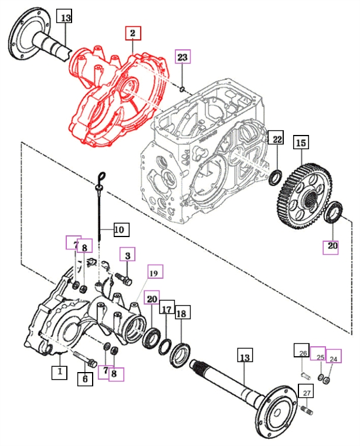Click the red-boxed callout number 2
pos(133,33)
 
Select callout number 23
pos(183,58)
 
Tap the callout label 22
pos(276,139)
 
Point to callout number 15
pos(301,143)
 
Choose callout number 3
pos(127,255)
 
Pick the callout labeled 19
pos(154,273)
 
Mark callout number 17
pos(167,309)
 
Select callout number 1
pos(59,371)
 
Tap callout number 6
pos(86,380)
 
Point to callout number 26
pos(303,352)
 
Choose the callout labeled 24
pos(334,357)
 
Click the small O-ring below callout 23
pos(183,89)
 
